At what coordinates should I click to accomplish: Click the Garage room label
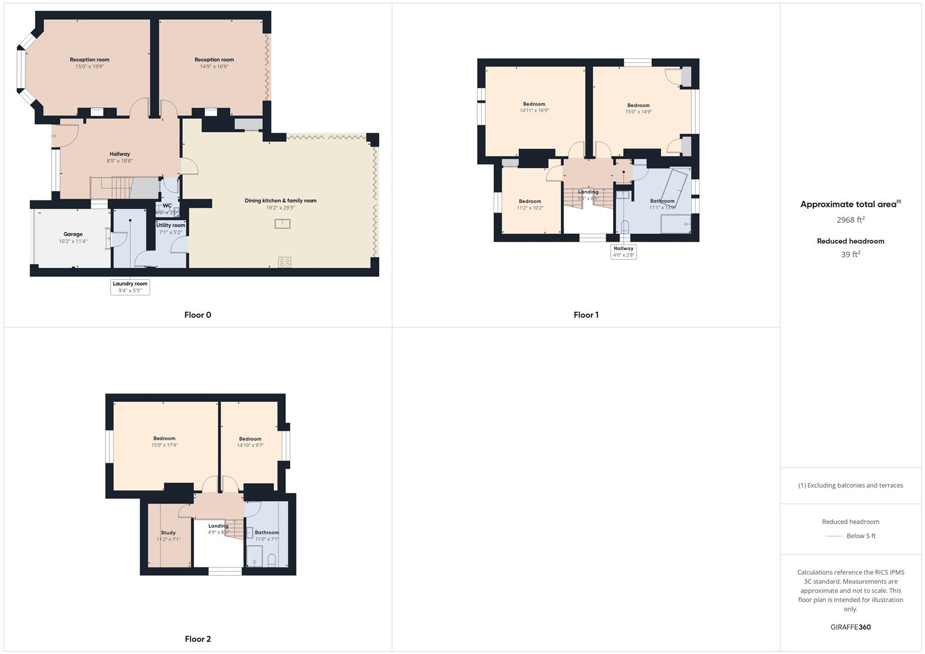tap(73, 234)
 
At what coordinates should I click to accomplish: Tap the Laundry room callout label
tap(130, 284)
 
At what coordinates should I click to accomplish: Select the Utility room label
tap(171, 225)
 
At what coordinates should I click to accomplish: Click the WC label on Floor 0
tap(167, 206)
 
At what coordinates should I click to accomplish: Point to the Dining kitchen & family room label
tap(280, 200)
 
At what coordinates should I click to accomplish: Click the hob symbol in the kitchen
tap(284, 262)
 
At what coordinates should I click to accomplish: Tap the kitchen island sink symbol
tap(282, 223)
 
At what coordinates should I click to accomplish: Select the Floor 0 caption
tap(197, 315)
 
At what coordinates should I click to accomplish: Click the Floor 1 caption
tap(586, 315)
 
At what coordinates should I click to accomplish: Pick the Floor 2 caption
tap(197, 639)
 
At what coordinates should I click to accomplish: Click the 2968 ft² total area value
tap(850, 220)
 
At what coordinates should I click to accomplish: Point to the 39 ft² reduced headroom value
tap(850, 254)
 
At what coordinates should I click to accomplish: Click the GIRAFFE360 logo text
tap(850, 627)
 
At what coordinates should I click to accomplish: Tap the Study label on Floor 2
tap(168, 533)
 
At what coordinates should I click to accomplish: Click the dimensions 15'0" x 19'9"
tap(90, 67)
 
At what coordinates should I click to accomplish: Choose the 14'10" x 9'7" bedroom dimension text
tap(250, 446)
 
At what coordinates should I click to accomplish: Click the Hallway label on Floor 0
tap(120, 154)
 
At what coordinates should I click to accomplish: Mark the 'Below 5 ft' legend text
tap(861, 536)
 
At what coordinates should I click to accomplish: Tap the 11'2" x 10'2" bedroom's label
tap(530, 202)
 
